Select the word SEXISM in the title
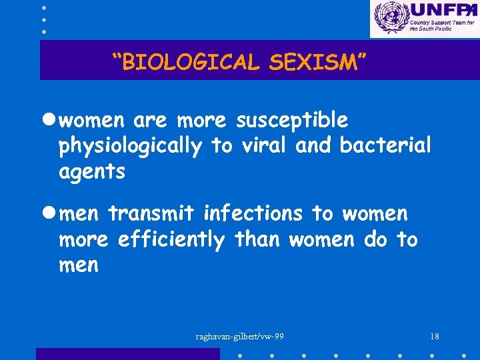pos(317,62)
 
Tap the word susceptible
pos(291,121)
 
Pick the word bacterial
pos(385,146)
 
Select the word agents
pos(92,172)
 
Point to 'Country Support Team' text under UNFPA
pos(440,22)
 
